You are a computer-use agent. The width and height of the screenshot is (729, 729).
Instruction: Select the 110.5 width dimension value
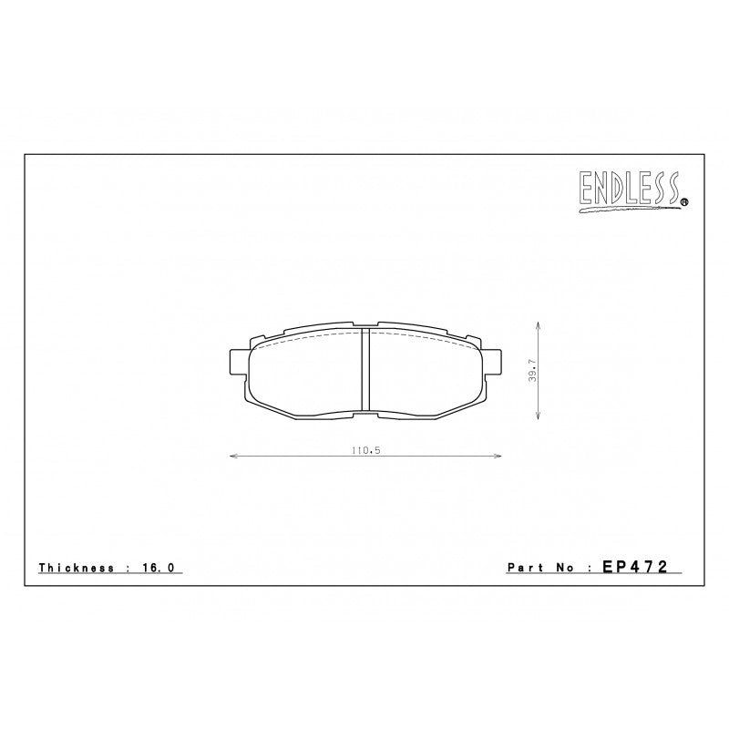pyautogui.click(x=363, y=449)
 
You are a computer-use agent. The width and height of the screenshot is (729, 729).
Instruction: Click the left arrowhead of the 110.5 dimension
pyautogui.click(x=230, y=457)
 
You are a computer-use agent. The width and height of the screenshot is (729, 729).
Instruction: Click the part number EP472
pyautogui.click(x=635, y=566)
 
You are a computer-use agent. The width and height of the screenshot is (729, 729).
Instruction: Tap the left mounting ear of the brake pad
pyautogui.click(x=237, y=362)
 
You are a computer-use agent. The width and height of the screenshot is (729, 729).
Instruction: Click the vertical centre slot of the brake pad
pyautogui.click(x=364, y=369)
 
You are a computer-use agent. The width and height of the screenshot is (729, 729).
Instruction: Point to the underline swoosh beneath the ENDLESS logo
pyautogui.click(x=629, y=210)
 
